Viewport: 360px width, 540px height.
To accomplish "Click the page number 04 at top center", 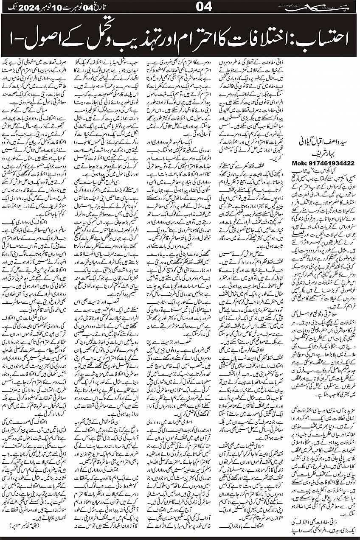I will click(180, 7).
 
